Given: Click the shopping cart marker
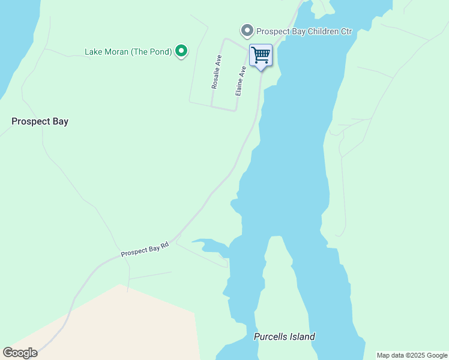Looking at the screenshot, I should [x=261, y=56].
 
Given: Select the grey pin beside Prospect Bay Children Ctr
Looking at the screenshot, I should [x=246, y=31].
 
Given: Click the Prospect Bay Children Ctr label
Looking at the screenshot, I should [x=303, y=31].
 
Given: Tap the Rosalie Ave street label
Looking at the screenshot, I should [x=217, y=73].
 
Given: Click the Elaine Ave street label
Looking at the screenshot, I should [x=241, y=81].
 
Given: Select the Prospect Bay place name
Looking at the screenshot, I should [x=40, y=121].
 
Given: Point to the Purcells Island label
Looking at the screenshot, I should [x=284, y=337].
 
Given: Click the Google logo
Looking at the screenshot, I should [x=20, y=353].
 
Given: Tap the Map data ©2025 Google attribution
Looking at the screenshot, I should [x=412, y=355].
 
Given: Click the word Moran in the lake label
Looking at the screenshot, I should [x=116, y=52].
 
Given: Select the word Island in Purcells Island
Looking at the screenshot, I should [x=303, y=337].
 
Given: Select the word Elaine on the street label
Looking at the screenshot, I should [x=240, y=86].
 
